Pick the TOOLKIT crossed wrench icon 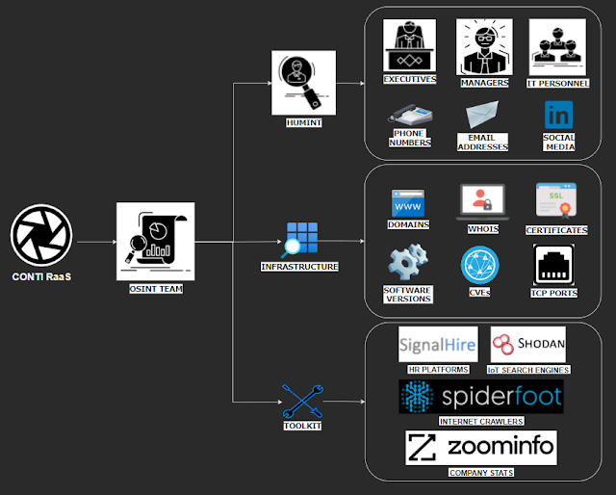[x=301, y=399]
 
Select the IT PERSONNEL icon [x=557, y=46]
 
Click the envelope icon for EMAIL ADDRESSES [x=482, y=117]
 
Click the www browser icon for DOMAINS [x=408, y=203]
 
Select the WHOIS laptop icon [x=482, y=203]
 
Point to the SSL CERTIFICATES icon [x=556, y=202]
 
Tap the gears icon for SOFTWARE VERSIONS [x=407, y=264]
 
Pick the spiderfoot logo [x=480, y=397]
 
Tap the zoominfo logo [x=480, y=448]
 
